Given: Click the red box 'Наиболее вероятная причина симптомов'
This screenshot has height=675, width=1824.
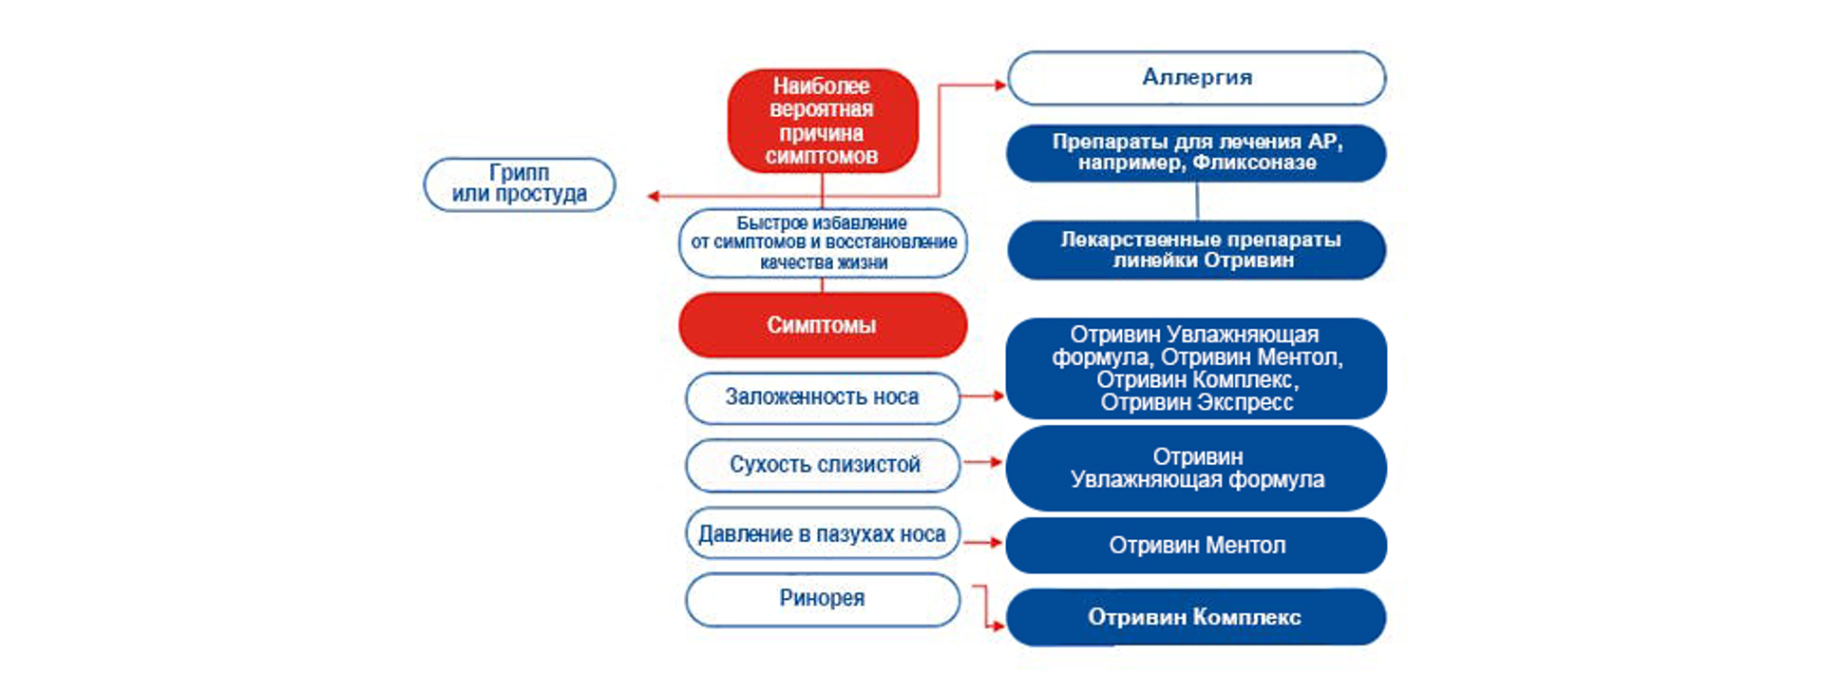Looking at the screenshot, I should click(x=822, y=121).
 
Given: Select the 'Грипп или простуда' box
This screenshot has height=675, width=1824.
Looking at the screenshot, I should click(x=519, y=183).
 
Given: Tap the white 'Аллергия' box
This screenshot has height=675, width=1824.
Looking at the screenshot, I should click(x=1196, y=78).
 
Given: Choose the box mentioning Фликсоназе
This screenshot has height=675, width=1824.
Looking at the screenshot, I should click(x=1196, y=152).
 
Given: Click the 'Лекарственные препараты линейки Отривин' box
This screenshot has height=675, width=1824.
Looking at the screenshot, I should click(x=1196, y=250).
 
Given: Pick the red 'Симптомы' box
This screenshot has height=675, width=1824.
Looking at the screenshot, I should click(x=822, y=325).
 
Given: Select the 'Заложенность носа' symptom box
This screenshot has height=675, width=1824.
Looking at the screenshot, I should click(x=822, y=397).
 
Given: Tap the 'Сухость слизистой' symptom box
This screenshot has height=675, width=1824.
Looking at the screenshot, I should click(x=823, y=465).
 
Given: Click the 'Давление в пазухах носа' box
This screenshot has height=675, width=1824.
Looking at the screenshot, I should click(x=822, y=534).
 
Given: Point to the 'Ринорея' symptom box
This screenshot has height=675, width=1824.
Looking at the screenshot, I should click(x=822, y=599).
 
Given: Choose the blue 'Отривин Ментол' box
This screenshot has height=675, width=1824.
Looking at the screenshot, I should click(x=1196, y=546).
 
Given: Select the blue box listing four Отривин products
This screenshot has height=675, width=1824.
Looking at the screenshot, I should click(x=1196, y=369).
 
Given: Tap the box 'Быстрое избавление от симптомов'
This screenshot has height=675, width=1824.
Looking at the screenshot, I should click(x=823, y=243).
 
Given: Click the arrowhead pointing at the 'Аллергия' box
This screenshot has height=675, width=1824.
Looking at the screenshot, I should click(x=999, y=85).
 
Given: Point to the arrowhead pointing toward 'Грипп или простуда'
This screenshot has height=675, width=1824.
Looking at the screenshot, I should click(x=653, y=197).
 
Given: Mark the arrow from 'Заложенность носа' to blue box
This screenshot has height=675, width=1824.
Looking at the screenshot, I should click(x=982, y=395).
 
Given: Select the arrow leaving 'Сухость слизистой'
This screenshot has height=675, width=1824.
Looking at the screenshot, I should click(x=983, y=462).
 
